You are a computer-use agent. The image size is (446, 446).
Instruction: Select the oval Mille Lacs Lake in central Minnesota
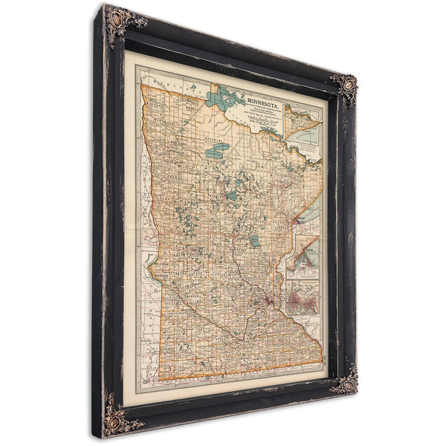point(255,241)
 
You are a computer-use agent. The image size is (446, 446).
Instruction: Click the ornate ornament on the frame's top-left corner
point(118,22)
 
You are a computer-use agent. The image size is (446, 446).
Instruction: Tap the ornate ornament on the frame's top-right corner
point(344,88)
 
